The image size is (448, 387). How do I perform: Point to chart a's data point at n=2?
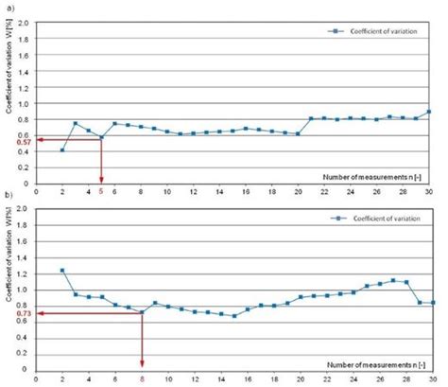click(62, 150)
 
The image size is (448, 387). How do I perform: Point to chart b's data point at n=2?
click(62, 271)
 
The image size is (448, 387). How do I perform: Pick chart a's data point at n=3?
click(76, 124)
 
